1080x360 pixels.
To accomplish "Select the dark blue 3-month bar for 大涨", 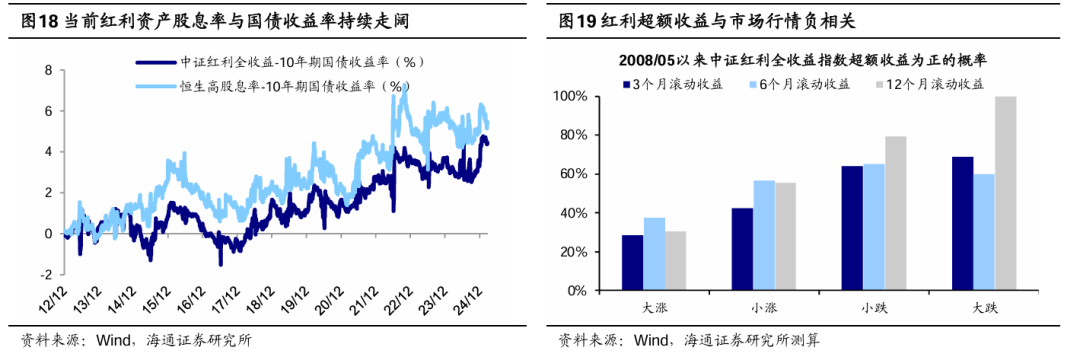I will pyautogui.click(x=633, y=262).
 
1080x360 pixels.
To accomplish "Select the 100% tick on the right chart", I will pyautogui.click(x=580, y=97).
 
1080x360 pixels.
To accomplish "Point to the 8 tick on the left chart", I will pyautogui.click(x=47, y=71).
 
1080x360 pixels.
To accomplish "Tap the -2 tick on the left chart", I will pyautogui.click(x=45, y=275).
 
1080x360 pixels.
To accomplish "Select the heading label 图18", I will pyautogui.click(x=40, y=20).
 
